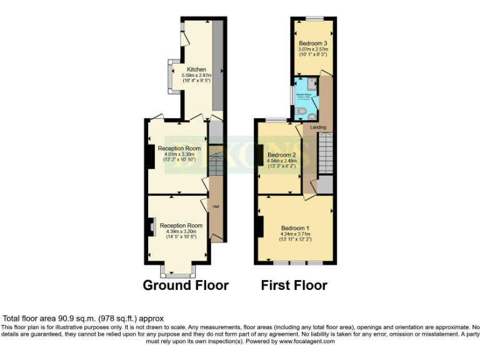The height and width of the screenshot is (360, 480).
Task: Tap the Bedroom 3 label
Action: coord(313,43)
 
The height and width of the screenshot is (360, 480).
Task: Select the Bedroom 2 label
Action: coord(281,155)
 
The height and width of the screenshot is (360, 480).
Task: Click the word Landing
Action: coord(318,127)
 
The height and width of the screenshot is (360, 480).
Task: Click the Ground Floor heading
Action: coord(186,286)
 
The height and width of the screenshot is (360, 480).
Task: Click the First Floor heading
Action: coord(294,286)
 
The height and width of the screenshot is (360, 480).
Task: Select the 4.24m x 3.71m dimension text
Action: coord(295,234)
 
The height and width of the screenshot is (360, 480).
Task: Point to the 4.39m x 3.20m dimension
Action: coord(181,231)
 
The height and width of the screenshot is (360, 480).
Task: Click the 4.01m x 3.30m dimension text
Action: coord(180,154)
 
